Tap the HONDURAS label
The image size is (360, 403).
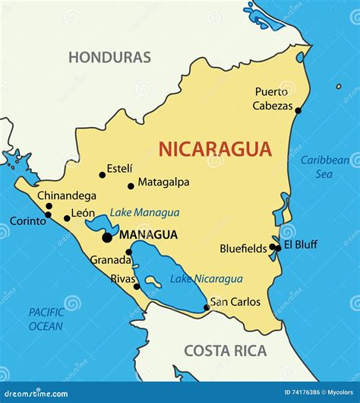click(x=109, y=57)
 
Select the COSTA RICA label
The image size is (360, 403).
click(x=226, y=351)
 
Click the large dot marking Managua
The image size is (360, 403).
click(x=107, y=237)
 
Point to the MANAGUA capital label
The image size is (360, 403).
click(x=149, y=235)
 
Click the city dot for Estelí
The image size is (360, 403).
click(x=103, y=175)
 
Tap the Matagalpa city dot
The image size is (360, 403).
click(x=131, y=186)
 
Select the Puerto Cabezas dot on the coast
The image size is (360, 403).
click(x=298, y=110)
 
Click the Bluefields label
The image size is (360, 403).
click(x=243, y=248)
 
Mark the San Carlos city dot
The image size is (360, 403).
click(x=206, y=308)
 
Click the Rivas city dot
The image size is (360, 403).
click(x=137, y=287)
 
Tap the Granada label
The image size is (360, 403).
click(x=111, y=259)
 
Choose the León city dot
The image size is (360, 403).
click(x=67, y=218)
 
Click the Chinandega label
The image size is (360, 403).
click(x=67, y=195)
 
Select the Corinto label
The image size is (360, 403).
click(x=27, y=221)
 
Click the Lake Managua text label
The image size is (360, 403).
click(x=144, y=213)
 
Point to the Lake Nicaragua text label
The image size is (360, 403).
click(x=206, y=279)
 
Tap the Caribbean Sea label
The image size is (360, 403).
click(x=325, y=167)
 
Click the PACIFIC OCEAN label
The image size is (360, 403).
click(x=46, y=319)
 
